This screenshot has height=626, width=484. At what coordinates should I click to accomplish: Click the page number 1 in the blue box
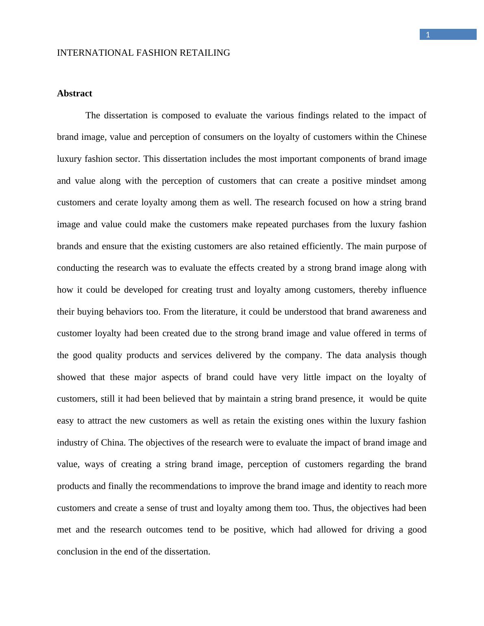tap(428, 35)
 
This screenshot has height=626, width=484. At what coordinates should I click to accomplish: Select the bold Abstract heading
tap(74, 93)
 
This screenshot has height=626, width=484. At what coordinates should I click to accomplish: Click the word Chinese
tap(411, 137)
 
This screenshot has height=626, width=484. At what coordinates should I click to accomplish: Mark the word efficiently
tap(322, 246)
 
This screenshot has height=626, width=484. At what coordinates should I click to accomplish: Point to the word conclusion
tap(77, 552)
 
